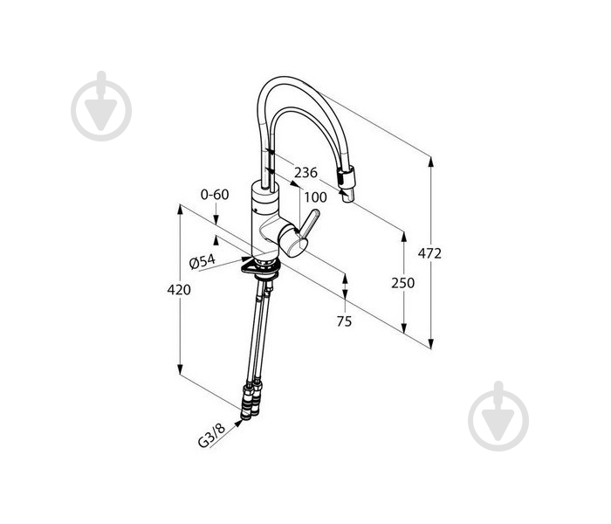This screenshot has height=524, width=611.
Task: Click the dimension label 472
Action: pyautogui.click(x=429, y=253)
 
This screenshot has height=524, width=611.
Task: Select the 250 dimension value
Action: pyautogui.click(x=403, y=283)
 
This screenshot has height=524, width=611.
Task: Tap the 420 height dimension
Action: pyautogui.click(x=179, y=290)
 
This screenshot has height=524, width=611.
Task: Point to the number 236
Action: pyautogui.click(x=305, y=172)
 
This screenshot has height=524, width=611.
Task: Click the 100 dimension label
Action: pyautogui.click(x=315, y=197)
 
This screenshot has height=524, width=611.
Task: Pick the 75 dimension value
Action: pyautogui.click(x=344, y=321)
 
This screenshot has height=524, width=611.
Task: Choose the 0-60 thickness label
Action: pyautogui.click(x=215, y=194)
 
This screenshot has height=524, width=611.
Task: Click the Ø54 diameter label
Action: pyautogui.click(x=203, y=262)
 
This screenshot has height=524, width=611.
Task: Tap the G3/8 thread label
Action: pyautogui.click(x=212, y=436)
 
